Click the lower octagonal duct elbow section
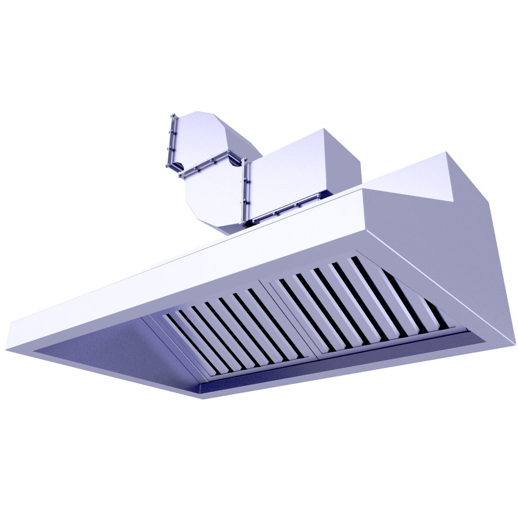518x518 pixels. [x=213, y=197]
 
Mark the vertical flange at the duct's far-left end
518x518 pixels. [x=171, y=141]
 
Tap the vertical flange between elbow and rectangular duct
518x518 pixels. [x=245, y=192]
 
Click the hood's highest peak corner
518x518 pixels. [x=447, y=153]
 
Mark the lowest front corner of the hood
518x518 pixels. [x=204, y=399]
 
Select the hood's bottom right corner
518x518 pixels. [x=515, y=342]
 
